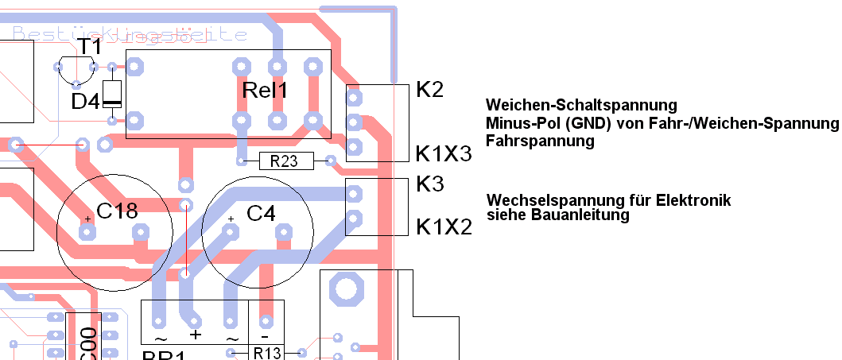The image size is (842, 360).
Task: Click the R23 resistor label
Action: (284, 161)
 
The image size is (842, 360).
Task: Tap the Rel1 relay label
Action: (264, 91)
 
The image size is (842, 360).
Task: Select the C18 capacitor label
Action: (117, 211)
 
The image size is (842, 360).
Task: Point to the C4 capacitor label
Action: (261, 213)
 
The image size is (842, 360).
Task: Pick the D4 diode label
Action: (86, 102)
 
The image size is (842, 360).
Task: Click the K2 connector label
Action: (429, 90)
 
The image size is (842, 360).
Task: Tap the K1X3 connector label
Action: (444, 153)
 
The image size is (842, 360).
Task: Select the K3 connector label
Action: (429, 184)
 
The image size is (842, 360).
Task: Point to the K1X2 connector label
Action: (444, 227)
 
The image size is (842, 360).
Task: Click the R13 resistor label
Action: (268, 352)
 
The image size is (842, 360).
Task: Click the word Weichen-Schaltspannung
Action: (580, 106)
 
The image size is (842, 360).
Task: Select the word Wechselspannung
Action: (549, 199)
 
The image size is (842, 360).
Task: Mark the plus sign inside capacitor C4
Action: (231, 219)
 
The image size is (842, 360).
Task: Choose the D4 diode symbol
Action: (112, 94)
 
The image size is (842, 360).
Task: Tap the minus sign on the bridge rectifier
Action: (266, 321)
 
